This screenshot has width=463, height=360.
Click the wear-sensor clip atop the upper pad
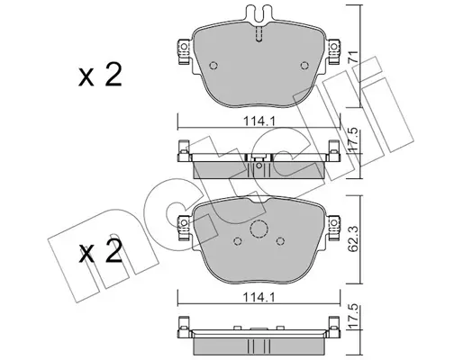tap(258, 21)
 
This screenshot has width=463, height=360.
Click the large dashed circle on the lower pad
tap(258, 231)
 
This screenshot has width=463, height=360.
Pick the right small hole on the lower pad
tap(282, 240)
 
